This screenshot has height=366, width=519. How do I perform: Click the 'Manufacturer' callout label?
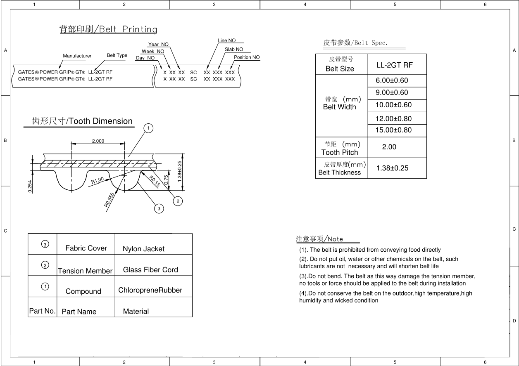(77, 56)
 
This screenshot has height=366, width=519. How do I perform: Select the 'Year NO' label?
(158, 45)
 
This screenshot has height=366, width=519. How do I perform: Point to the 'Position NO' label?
(247, 57)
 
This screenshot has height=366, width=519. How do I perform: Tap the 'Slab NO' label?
(234, 50)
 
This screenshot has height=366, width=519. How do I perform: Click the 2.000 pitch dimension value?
(98, 141)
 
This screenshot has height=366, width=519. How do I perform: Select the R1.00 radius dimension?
(97, 180)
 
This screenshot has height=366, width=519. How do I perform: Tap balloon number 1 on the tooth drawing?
(148, 128)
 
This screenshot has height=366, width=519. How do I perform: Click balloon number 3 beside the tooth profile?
(159, 209)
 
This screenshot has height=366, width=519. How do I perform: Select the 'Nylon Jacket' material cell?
(143, 249)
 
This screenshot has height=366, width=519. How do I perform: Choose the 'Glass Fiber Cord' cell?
(150, 270)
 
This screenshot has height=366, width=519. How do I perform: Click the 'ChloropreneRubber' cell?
(150, 290)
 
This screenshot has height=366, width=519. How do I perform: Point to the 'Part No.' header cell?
(42, 311)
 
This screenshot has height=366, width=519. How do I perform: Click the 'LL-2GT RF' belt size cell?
(395, 65)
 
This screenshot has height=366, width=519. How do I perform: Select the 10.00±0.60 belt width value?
(393, 105)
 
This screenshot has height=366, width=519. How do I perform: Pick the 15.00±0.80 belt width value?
(393, 130)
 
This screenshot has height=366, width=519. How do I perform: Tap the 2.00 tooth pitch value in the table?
(389, 147)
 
